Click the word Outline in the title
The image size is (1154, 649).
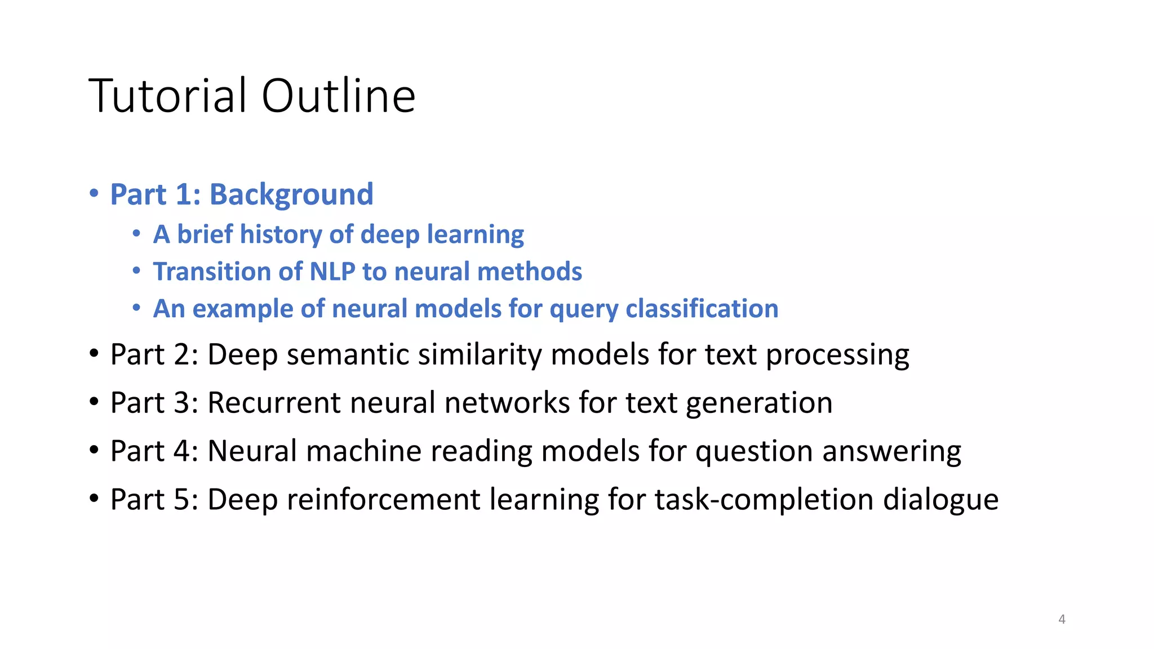pyautogui.click(x=338, y=96)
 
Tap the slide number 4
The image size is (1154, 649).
pyautogui.click(x=1062, y=619)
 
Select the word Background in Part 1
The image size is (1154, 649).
pyautogui.click(x=291, y=195)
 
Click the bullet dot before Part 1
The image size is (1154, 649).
pyautogui.click(x=94, y=194)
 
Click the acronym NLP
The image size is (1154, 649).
pyautogui.click(x=332, y=272)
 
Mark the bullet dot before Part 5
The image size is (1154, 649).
pyautogui.click(x=94, y=499)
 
